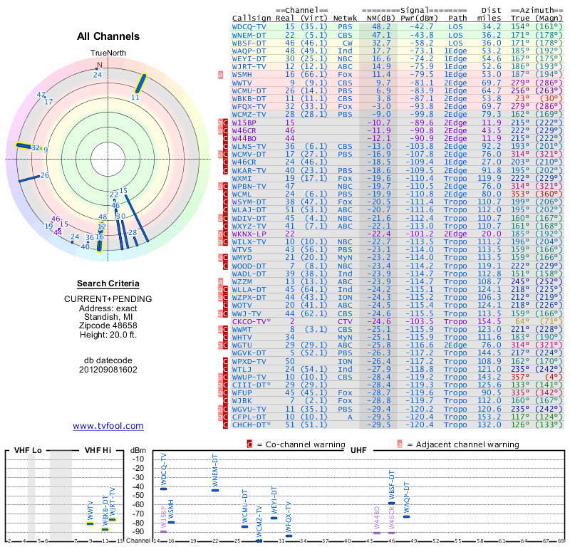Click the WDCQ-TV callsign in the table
point(250,26)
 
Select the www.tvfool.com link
point(108,426)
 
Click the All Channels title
point(108,36)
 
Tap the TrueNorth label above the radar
point(107,53)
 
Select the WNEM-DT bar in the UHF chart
point(215,490)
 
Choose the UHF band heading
point(358,451)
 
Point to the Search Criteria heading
point(108,283)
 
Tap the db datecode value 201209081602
point(108,370)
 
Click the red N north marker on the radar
point(100,65)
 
